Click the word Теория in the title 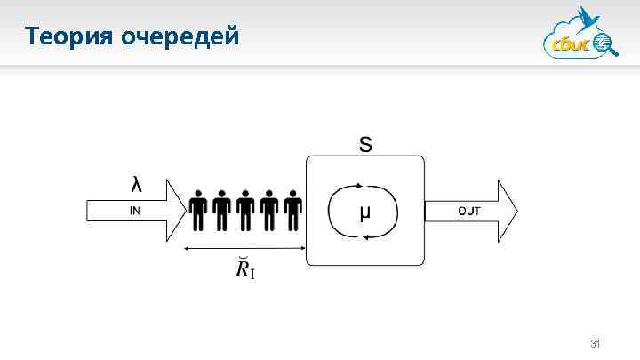(x=67, y=36)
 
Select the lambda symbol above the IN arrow (x=135, y=185)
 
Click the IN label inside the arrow (x=134, y=211)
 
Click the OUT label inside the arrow (x=468, y=211)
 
